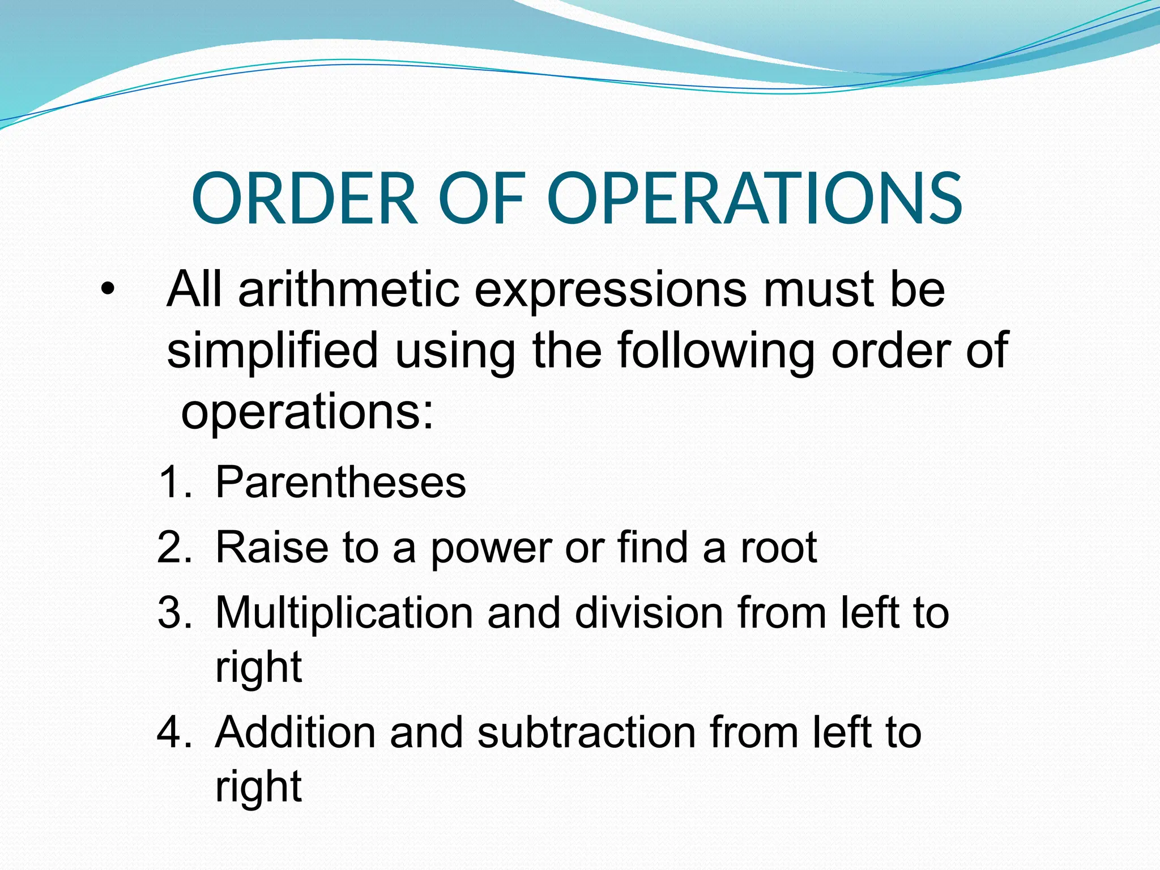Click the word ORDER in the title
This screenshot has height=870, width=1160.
coord(305,199)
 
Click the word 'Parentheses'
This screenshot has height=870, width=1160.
coord(340,482)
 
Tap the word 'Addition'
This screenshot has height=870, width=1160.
coord(295,732)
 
